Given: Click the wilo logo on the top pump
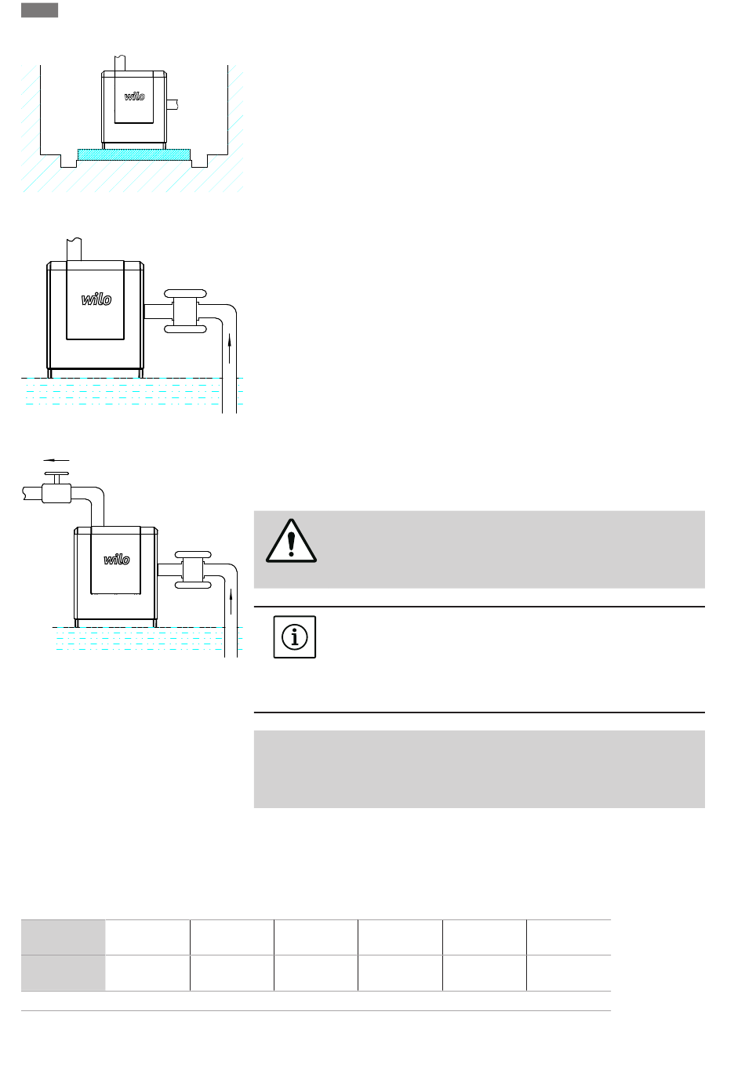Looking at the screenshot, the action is pos(134,96).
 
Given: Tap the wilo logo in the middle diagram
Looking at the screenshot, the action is pos(96,299).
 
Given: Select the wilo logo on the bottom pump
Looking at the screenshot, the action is pos(117,559).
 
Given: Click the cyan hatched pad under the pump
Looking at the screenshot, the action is pos(133,154).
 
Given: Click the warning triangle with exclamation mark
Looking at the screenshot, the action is pos(291,541).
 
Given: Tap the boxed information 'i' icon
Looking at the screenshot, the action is pos(294,636).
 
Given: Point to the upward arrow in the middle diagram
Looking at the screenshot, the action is pos(229,347).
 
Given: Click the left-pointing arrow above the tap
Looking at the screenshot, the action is pos(56,460).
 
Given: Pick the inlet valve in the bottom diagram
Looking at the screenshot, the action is pos(193,569).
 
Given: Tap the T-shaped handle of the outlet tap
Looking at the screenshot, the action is pos(56,477).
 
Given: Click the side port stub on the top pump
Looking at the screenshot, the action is pos(173,103).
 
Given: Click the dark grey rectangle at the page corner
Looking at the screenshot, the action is pos(39,10).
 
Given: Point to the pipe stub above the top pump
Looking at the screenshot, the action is pos(120,63).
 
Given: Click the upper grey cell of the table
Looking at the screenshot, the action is pos(63,937).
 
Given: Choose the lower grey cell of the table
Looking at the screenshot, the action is pos(63,973).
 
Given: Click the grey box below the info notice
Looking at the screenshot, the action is pos(479,768).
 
